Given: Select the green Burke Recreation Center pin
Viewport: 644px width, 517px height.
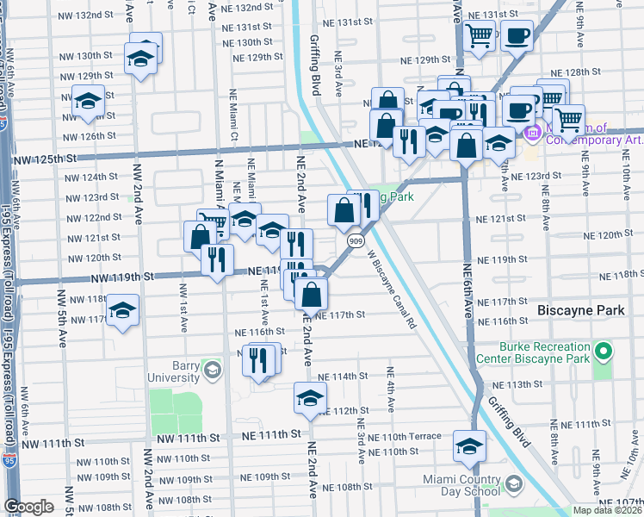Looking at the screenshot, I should point(604,352).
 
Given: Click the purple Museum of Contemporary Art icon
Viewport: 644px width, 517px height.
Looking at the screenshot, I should point(530,134).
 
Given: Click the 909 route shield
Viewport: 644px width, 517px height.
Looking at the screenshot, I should point(355,242).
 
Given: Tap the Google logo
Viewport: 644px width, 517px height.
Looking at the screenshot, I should point(28,507).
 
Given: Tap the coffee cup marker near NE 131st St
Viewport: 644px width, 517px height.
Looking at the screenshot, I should point(517,36).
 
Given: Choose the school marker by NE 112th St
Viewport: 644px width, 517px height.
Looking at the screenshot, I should point(310,397).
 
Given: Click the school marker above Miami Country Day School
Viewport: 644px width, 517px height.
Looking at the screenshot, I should point(469,445).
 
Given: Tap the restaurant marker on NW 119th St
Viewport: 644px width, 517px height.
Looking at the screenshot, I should point(217,257).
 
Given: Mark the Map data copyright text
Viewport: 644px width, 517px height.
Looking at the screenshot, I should point(606,510).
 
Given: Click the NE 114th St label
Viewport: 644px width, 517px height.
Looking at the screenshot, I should point(343,377).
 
